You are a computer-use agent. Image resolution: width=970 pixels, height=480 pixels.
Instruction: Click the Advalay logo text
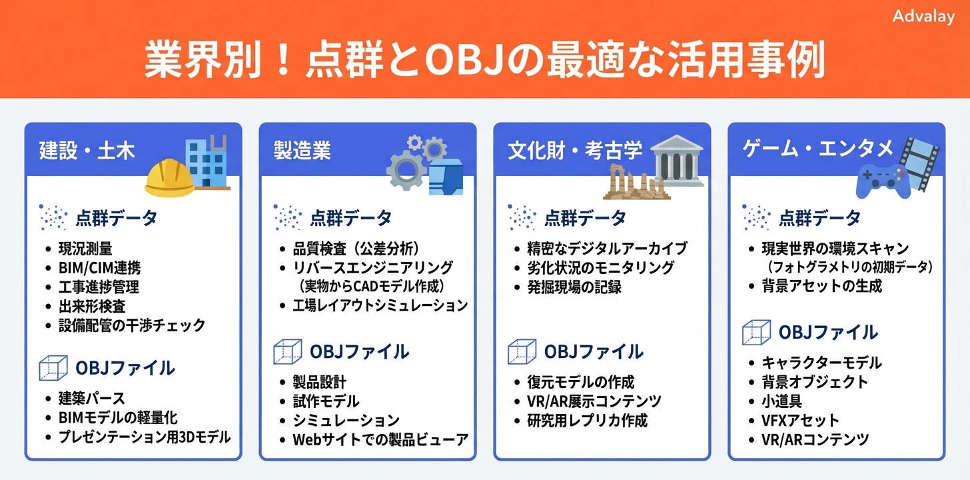point(923,17)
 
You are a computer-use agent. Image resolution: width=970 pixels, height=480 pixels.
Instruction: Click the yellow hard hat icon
point(169,177)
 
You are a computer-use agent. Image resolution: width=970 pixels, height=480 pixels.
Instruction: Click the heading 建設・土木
point(87,151)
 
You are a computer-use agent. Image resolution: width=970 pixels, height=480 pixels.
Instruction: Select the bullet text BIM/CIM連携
point(99,269)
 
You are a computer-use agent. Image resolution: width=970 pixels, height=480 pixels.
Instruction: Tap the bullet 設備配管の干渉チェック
point(132,326)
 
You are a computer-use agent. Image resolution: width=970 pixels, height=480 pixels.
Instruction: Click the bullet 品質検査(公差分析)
point(356,249)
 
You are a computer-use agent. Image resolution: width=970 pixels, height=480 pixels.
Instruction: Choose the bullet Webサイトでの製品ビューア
point(380,440)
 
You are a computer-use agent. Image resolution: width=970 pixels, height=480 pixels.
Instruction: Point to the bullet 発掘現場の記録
point(574,287)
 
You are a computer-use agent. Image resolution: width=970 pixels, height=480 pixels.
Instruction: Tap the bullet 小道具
point(781,401)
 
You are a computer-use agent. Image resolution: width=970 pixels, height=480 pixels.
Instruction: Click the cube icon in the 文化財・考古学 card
point(522,351)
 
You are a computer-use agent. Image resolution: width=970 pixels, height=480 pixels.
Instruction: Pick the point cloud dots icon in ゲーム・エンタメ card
point(756,217)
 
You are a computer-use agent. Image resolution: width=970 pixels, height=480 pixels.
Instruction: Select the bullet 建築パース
point(93,399)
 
